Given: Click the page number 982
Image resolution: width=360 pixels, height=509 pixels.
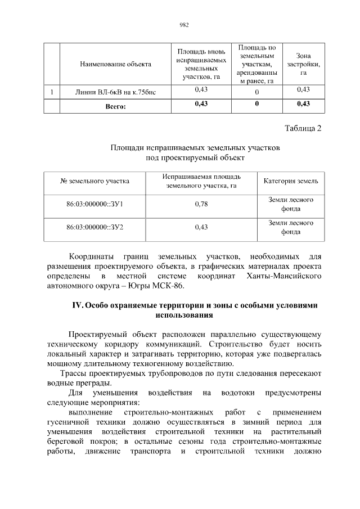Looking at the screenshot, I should click(183, 25).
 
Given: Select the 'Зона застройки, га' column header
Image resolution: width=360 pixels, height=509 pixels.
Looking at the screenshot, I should click(303, 64).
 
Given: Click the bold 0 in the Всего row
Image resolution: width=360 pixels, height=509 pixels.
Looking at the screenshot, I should click(256, 104).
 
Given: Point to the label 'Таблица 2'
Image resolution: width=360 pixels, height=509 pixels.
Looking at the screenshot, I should click(303, 128).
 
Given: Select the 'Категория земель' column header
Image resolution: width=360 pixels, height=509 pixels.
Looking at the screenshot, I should click(291, 181).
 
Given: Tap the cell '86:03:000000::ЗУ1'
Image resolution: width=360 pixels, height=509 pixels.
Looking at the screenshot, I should click(94, 204).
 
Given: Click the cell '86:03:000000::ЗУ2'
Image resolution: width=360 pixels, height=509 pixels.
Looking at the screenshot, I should click(94, 227).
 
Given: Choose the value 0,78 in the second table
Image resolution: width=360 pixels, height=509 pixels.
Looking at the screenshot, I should click(201, 204).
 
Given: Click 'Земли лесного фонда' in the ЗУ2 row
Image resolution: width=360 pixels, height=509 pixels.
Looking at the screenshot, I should click(291, 227).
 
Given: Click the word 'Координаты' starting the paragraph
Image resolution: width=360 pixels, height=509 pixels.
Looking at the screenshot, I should click(92, 256).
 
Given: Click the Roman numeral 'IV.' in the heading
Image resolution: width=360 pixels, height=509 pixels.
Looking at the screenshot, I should click(78, 305).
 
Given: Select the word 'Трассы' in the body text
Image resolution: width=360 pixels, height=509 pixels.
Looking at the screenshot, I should click(73, 373).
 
